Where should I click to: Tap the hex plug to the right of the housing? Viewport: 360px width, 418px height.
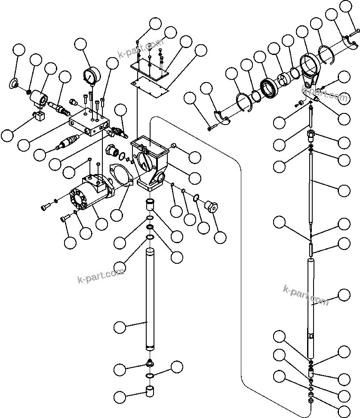click(210, 205)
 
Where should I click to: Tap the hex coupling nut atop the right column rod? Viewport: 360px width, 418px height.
click(311, 137)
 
